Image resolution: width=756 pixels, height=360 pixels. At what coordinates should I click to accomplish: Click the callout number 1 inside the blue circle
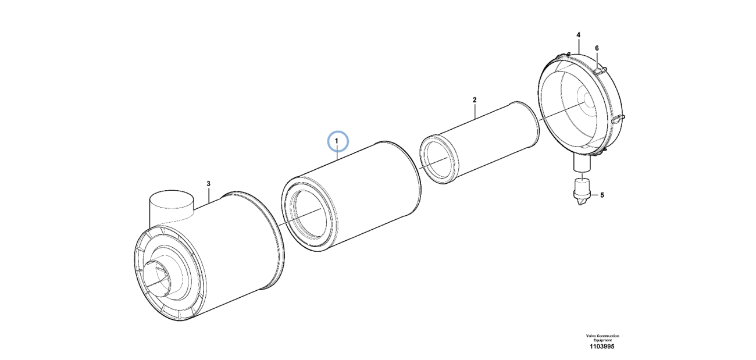[x=336, y=140]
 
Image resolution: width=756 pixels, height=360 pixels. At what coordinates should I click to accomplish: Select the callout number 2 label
[x=475, y=100]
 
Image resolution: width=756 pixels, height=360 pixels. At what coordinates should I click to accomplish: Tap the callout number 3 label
[x=209, y=184]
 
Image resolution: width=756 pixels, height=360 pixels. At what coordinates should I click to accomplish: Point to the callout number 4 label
[x=578, y=35]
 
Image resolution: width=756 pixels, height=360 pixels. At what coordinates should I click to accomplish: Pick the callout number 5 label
[x=602, y=195]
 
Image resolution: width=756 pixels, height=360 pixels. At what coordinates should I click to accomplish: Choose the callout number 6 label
[x=597, y=48]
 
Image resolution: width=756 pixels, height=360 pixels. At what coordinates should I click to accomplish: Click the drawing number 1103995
[x=602, y=347]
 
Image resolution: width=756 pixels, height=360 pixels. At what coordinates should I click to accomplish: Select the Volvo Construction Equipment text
[x=602, y=338]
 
